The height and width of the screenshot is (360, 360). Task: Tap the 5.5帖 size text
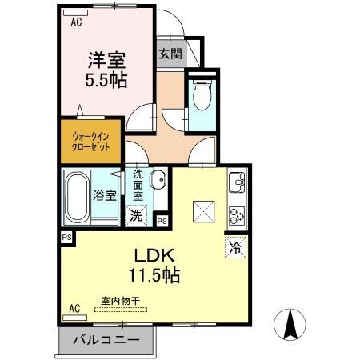point(107,79)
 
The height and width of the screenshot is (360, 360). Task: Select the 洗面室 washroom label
point(138,185)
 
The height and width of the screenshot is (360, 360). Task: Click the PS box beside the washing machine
point(161,221)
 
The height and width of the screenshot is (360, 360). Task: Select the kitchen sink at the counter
point(237,186)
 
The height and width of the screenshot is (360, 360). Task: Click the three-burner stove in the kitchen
point(237,214)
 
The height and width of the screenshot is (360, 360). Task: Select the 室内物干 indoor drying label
point(120,301)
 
